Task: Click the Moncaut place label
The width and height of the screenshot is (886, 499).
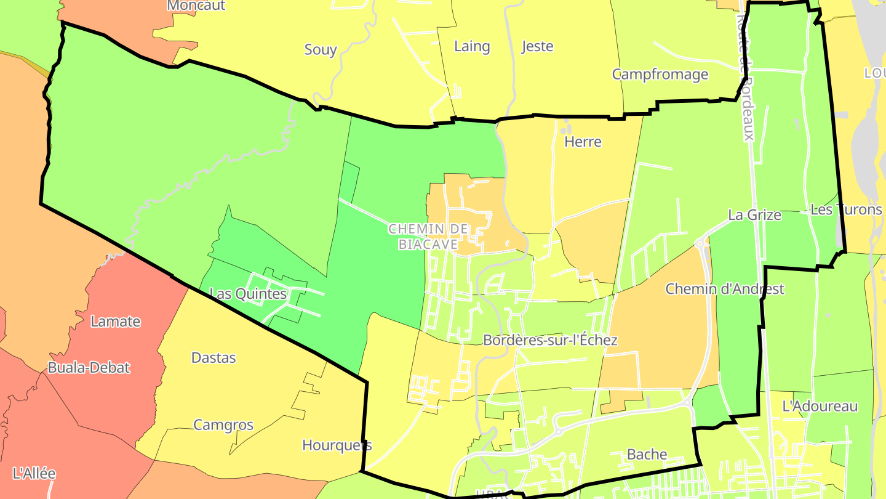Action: click(196, 6)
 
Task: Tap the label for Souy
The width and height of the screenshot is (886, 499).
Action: click(321, 50)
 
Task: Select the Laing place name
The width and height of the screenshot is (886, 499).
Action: click(472, 46)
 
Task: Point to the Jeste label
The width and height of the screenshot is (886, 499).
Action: click(537, 46)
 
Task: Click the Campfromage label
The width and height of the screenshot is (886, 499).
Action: click(660, 75)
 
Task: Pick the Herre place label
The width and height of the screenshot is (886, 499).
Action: click(583, 142)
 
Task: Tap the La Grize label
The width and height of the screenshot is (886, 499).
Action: click(754, 215)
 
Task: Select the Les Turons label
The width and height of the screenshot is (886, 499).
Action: click(846, 209)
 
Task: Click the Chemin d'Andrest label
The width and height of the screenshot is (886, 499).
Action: click(725, 289)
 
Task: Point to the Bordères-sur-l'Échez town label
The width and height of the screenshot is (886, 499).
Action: click(550, 340)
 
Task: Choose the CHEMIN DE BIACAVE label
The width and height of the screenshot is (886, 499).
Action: click(428, 237)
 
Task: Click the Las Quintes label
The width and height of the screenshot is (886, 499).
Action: click(248, 294)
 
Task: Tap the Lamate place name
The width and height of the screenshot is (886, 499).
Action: click(116, 322)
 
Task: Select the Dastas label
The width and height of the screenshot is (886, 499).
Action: click(214, 358)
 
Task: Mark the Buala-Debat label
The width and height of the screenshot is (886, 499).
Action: click(89, 368)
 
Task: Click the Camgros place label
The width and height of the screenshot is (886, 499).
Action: click(223, 425)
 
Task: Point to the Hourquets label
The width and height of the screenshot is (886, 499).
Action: click(337, 445)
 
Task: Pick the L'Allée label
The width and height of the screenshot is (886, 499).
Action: click(34, 474)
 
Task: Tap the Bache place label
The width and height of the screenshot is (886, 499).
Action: click(647, 455)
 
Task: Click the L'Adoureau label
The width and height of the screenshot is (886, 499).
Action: click(820, 407)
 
